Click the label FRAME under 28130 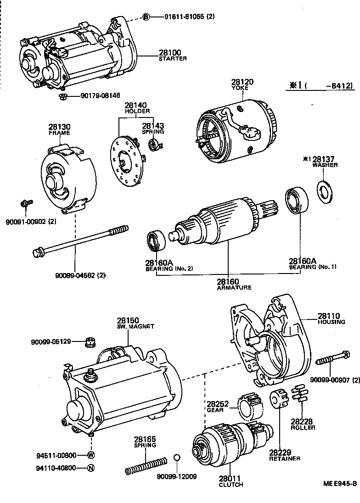pyautogui.click(x=59, y=133)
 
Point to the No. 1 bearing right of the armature pyautogui.click(x=298, y=200)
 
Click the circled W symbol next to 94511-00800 pyautogui.click(x=91, y=455)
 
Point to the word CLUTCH pyautogui.click(x=231, y=485)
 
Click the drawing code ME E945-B pyautogui.click(x=339, y=483)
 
